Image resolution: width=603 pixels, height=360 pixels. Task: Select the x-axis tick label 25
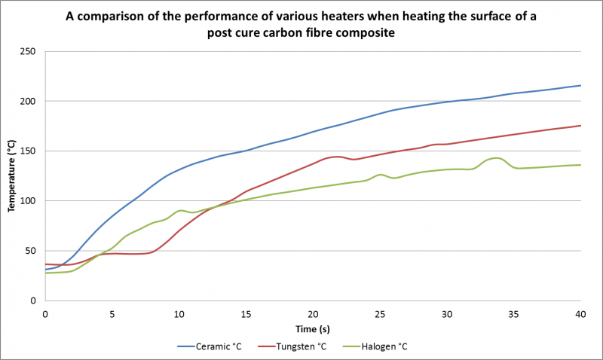tap(380, 313)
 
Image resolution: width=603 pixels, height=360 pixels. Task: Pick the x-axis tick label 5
tap(112, 313)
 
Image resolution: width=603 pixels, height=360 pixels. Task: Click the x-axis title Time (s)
tap(312, 329)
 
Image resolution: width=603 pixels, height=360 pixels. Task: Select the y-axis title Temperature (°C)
tap(12, 175)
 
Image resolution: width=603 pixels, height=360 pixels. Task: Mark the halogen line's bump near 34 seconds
tap(494, 158)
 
